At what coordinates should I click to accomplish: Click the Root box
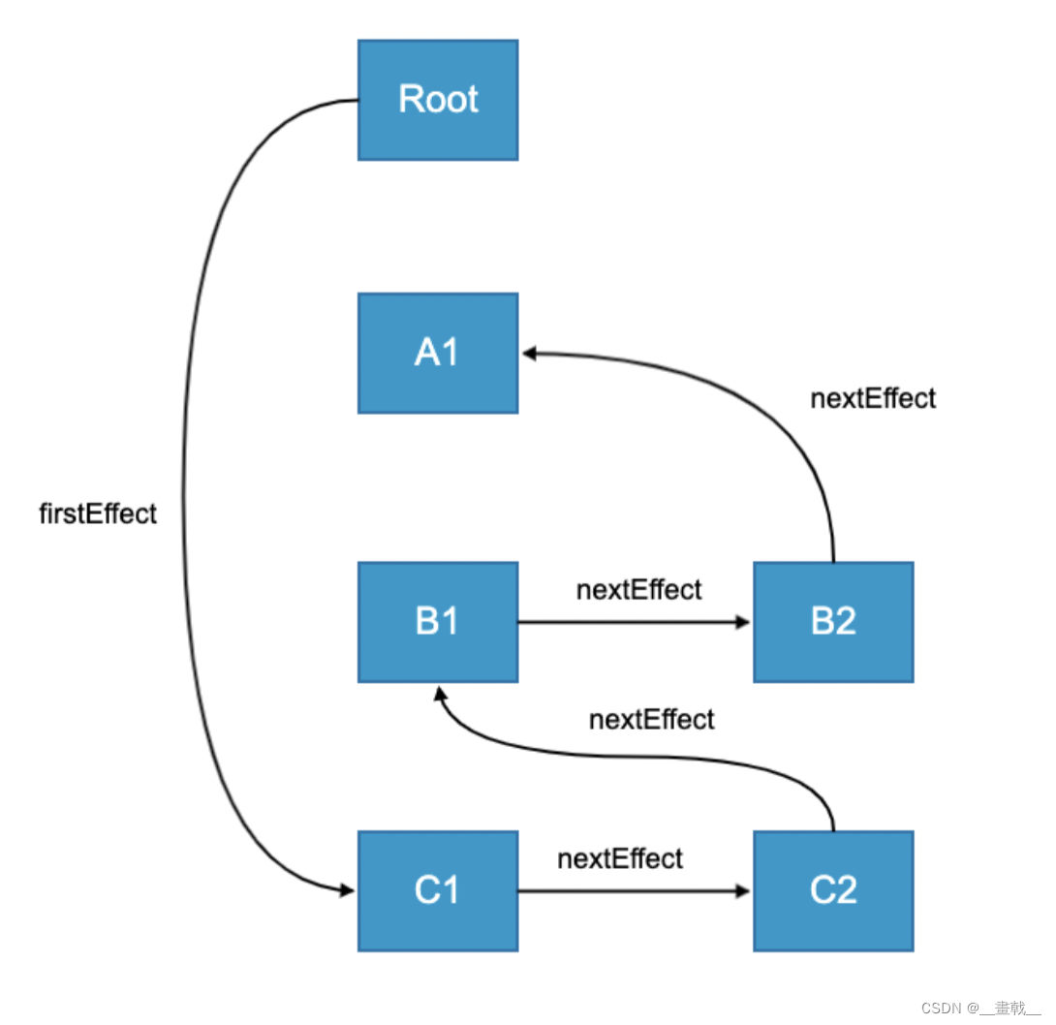[x=438, y=100]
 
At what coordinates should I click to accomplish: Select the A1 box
[x=438, y=354]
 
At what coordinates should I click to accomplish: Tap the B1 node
[x=438, y=622]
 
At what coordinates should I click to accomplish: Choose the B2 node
[x=833, y=622]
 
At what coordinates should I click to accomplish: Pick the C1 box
[x=438, y=890]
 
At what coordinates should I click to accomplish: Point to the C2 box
[x=833, y=890]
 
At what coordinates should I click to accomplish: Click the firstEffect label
[x=98, y=514]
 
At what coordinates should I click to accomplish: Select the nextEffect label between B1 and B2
[x=638, y=590]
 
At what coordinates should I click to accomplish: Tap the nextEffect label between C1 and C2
[x=620, y=858]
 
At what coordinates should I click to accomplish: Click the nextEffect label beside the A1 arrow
[x=873, y=398]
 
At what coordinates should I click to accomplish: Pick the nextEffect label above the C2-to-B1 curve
[x=652, y=720]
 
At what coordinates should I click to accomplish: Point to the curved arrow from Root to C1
[x=184, y=484]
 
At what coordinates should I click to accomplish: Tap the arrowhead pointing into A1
[x=530, y=355]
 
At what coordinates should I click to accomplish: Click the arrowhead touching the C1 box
[x=347, y=889]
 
